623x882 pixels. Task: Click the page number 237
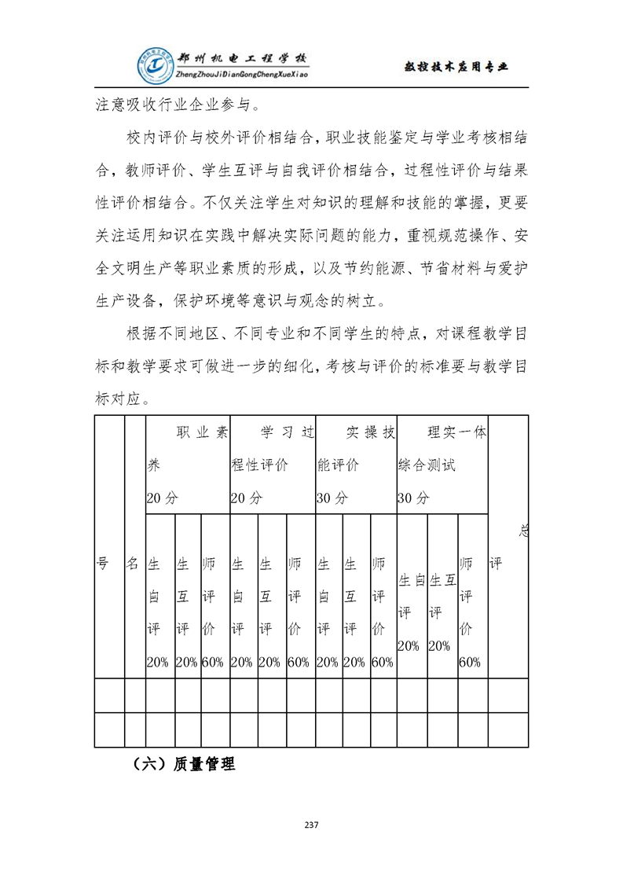[311, 825]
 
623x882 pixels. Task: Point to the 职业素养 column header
[187, 465]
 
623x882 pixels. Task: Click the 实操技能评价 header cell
[355, 465]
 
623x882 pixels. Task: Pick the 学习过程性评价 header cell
[271, 465]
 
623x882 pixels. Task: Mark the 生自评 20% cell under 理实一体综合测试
[411, 612]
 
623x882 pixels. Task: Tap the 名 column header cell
[133, 564]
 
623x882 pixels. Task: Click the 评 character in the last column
[496, 564]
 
